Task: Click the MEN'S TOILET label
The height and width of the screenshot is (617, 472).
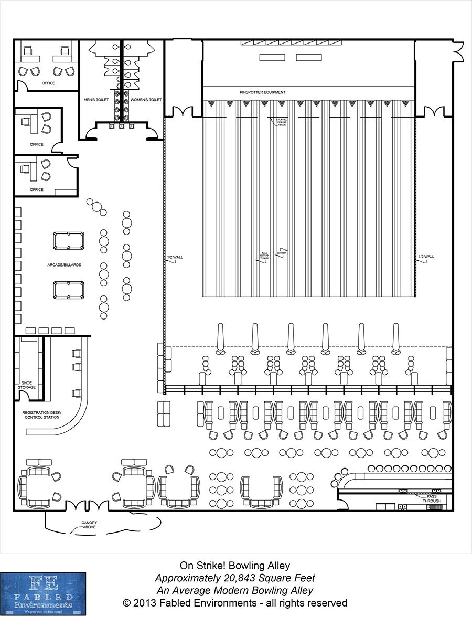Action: [x=96, y=99]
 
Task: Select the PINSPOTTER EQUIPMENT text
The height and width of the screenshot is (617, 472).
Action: [x=262, y=92]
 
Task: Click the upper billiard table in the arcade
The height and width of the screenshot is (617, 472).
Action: [x=68, y=241]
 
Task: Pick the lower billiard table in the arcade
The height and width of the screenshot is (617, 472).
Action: [x=68, y=290]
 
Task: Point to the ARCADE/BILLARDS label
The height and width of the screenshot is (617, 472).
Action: [x=64, y=265]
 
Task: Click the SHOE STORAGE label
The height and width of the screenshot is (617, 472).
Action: [x=27, y=385]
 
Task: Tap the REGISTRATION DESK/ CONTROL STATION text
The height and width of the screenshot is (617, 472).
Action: [x=41, y=415]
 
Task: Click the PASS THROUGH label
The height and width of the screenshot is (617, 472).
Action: [x=433, y=498]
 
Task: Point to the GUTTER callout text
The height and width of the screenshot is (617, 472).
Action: [x=282, y=252]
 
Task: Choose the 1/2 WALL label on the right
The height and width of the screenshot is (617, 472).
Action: [x=426, y=257]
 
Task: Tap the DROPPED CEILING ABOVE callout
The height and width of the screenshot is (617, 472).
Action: [x=282, y=122]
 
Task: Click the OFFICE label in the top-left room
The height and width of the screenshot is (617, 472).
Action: [x=48, y=83]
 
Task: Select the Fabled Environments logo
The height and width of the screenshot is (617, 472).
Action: [x=43, y=594]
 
